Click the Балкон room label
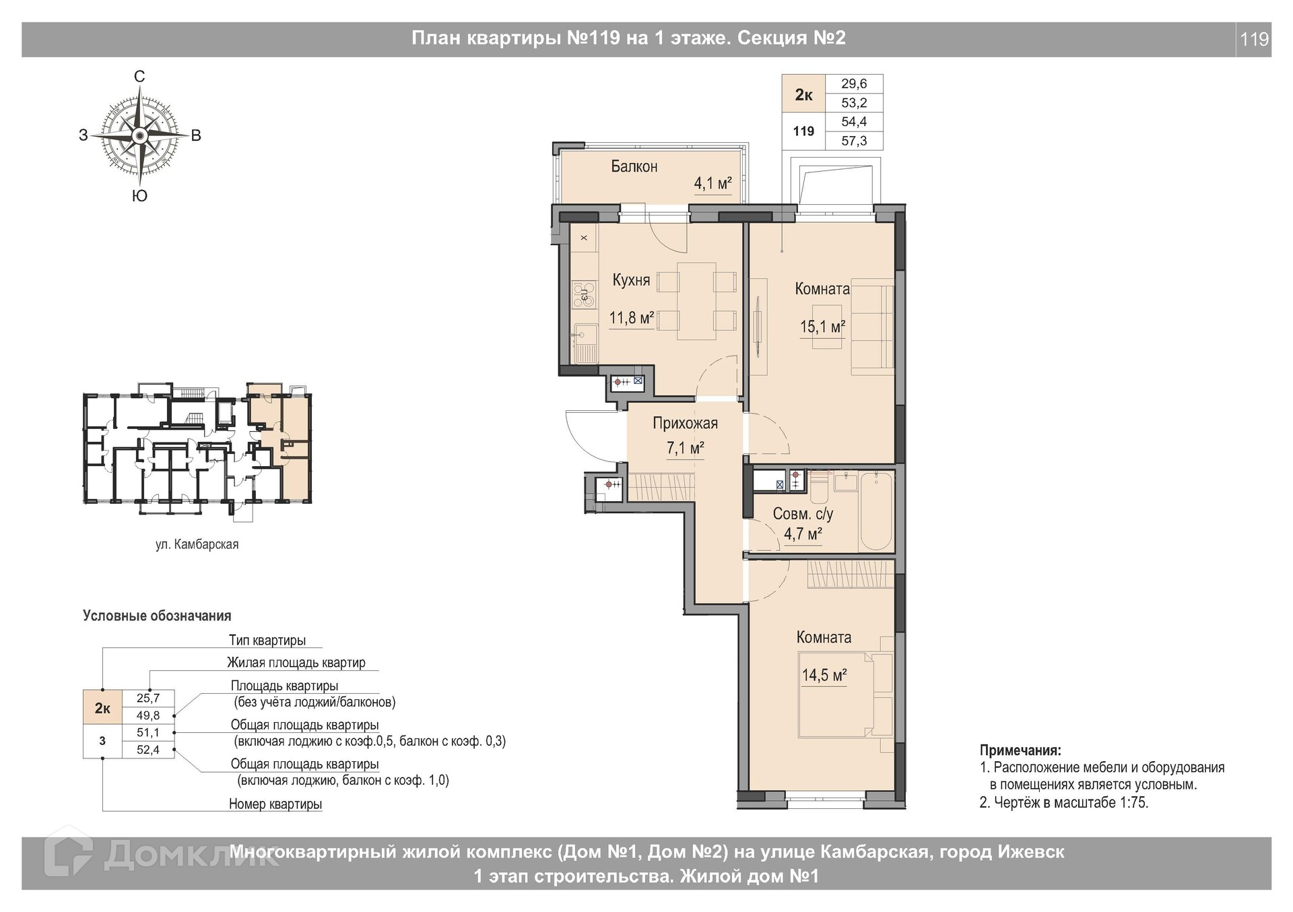(634, 166)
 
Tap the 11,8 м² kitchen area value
(632, 317)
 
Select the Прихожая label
(685, 424)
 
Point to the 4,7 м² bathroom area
(803, 535)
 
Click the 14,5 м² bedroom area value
(824, 675)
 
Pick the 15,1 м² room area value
(822, 327)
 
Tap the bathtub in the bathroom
(877, 512)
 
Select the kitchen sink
(584, 343)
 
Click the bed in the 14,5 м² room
(846, 694)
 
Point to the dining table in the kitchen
(696, 301)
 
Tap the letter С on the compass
(139, 77)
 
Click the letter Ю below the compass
(139, 196)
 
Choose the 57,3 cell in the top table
(854, 141)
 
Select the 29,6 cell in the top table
(854, 84)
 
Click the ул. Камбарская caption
(197, 544)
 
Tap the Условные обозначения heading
(157, 616)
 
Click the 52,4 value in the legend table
(148, 750)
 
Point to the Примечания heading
(1020, 750)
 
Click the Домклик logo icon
(68, 854)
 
